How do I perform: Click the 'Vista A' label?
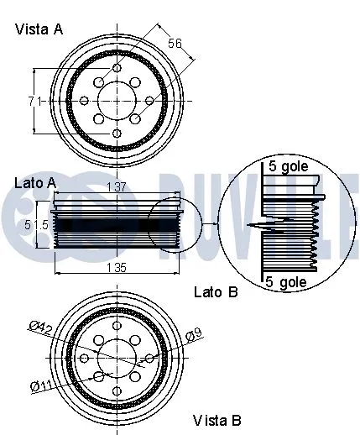click(39, 29)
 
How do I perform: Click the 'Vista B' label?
click(217, 420)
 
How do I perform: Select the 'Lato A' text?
click(35, 182)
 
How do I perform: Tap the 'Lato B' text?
click(216, 292)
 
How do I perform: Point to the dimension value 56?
click(175, 44)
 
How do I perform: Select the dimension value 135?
click(116, 268)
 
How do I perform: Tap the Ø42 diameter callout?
click(43, 328)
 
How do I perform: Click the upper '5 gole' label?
click(288, 166)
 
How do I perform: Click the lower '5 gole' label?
click(286, 283)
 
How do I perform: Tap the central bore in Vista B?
click(117, 359)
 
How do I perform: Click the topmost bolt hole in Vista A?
click(117, 68)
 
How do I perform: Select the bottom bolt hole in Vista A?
click(117, 133)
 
